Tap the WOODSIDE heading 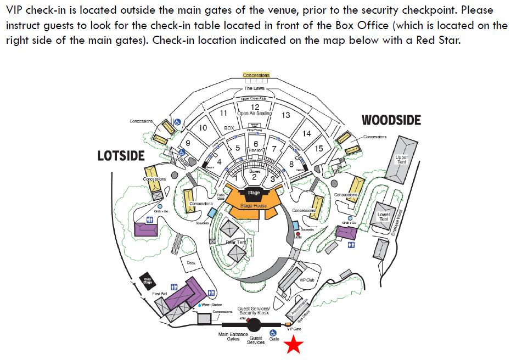point(391,120)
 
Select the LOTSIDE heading point(121,156)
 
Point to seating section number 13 point(285,115)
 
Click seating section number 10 point(202,128)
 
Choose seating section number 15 point(319,148)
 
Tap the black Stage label point(254,193)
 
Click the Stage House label point(253,206)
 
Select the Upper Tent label point(402,160)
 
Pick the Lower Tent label point(384,217)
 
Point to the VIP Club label point(306,280)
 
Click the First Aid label point(159,294)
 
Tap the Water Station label point(212,305)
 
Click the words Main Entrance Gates point(233,336)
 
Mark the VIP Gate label point(294,329)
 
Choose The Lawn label point(254,88)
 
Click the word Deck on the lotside point(191,263)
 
